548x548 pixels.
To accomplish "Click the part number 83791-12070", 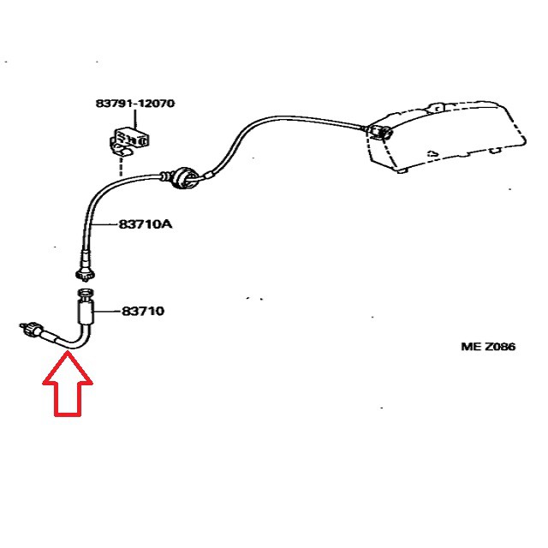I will pos(134,104).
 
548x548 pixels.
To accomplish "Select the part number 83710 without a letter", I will pos(142,311).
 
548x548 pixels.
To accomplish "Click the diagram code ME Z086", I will pos(488,347).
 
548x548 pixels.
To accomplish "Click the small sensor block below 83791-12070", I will pos(129,139).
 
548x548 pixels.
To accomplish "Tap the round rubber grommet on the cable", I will pos(182,176).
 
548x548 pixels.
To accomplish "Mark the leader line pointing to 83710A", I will pos(109,225).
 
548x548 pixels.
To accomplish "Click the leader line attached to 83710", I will pos(106,311).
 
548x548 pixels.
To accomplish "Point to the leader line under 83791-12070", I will pos(134,118).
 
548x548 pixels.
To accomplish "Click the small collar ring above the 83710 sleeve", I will pos(86,294).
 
